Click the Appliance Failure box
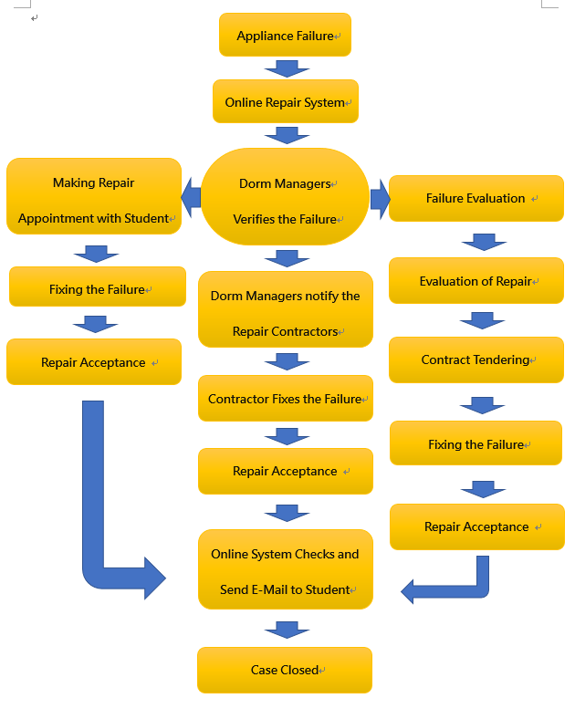point(285,36)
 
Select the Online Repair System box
point(285,102)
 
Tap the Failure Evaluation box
point(476,198)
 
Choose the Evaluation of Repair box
point(476,281)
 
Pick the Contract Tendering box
point(476,359)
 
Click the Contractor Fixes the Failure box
point(285,399)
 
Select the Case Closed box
point(285,670)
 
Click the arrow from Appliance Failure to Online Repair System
point(287,68)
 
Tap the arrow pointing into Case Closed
point(287,630)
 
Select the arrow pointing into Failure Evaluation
point(380,199)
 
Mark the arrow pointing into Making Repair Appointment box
point(192,195)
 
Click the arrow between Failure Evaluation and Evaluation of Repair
point(484,242)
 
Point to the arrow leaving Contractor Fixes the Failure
point(287,436)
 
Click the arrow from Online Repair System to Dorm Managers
point(287,135)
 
